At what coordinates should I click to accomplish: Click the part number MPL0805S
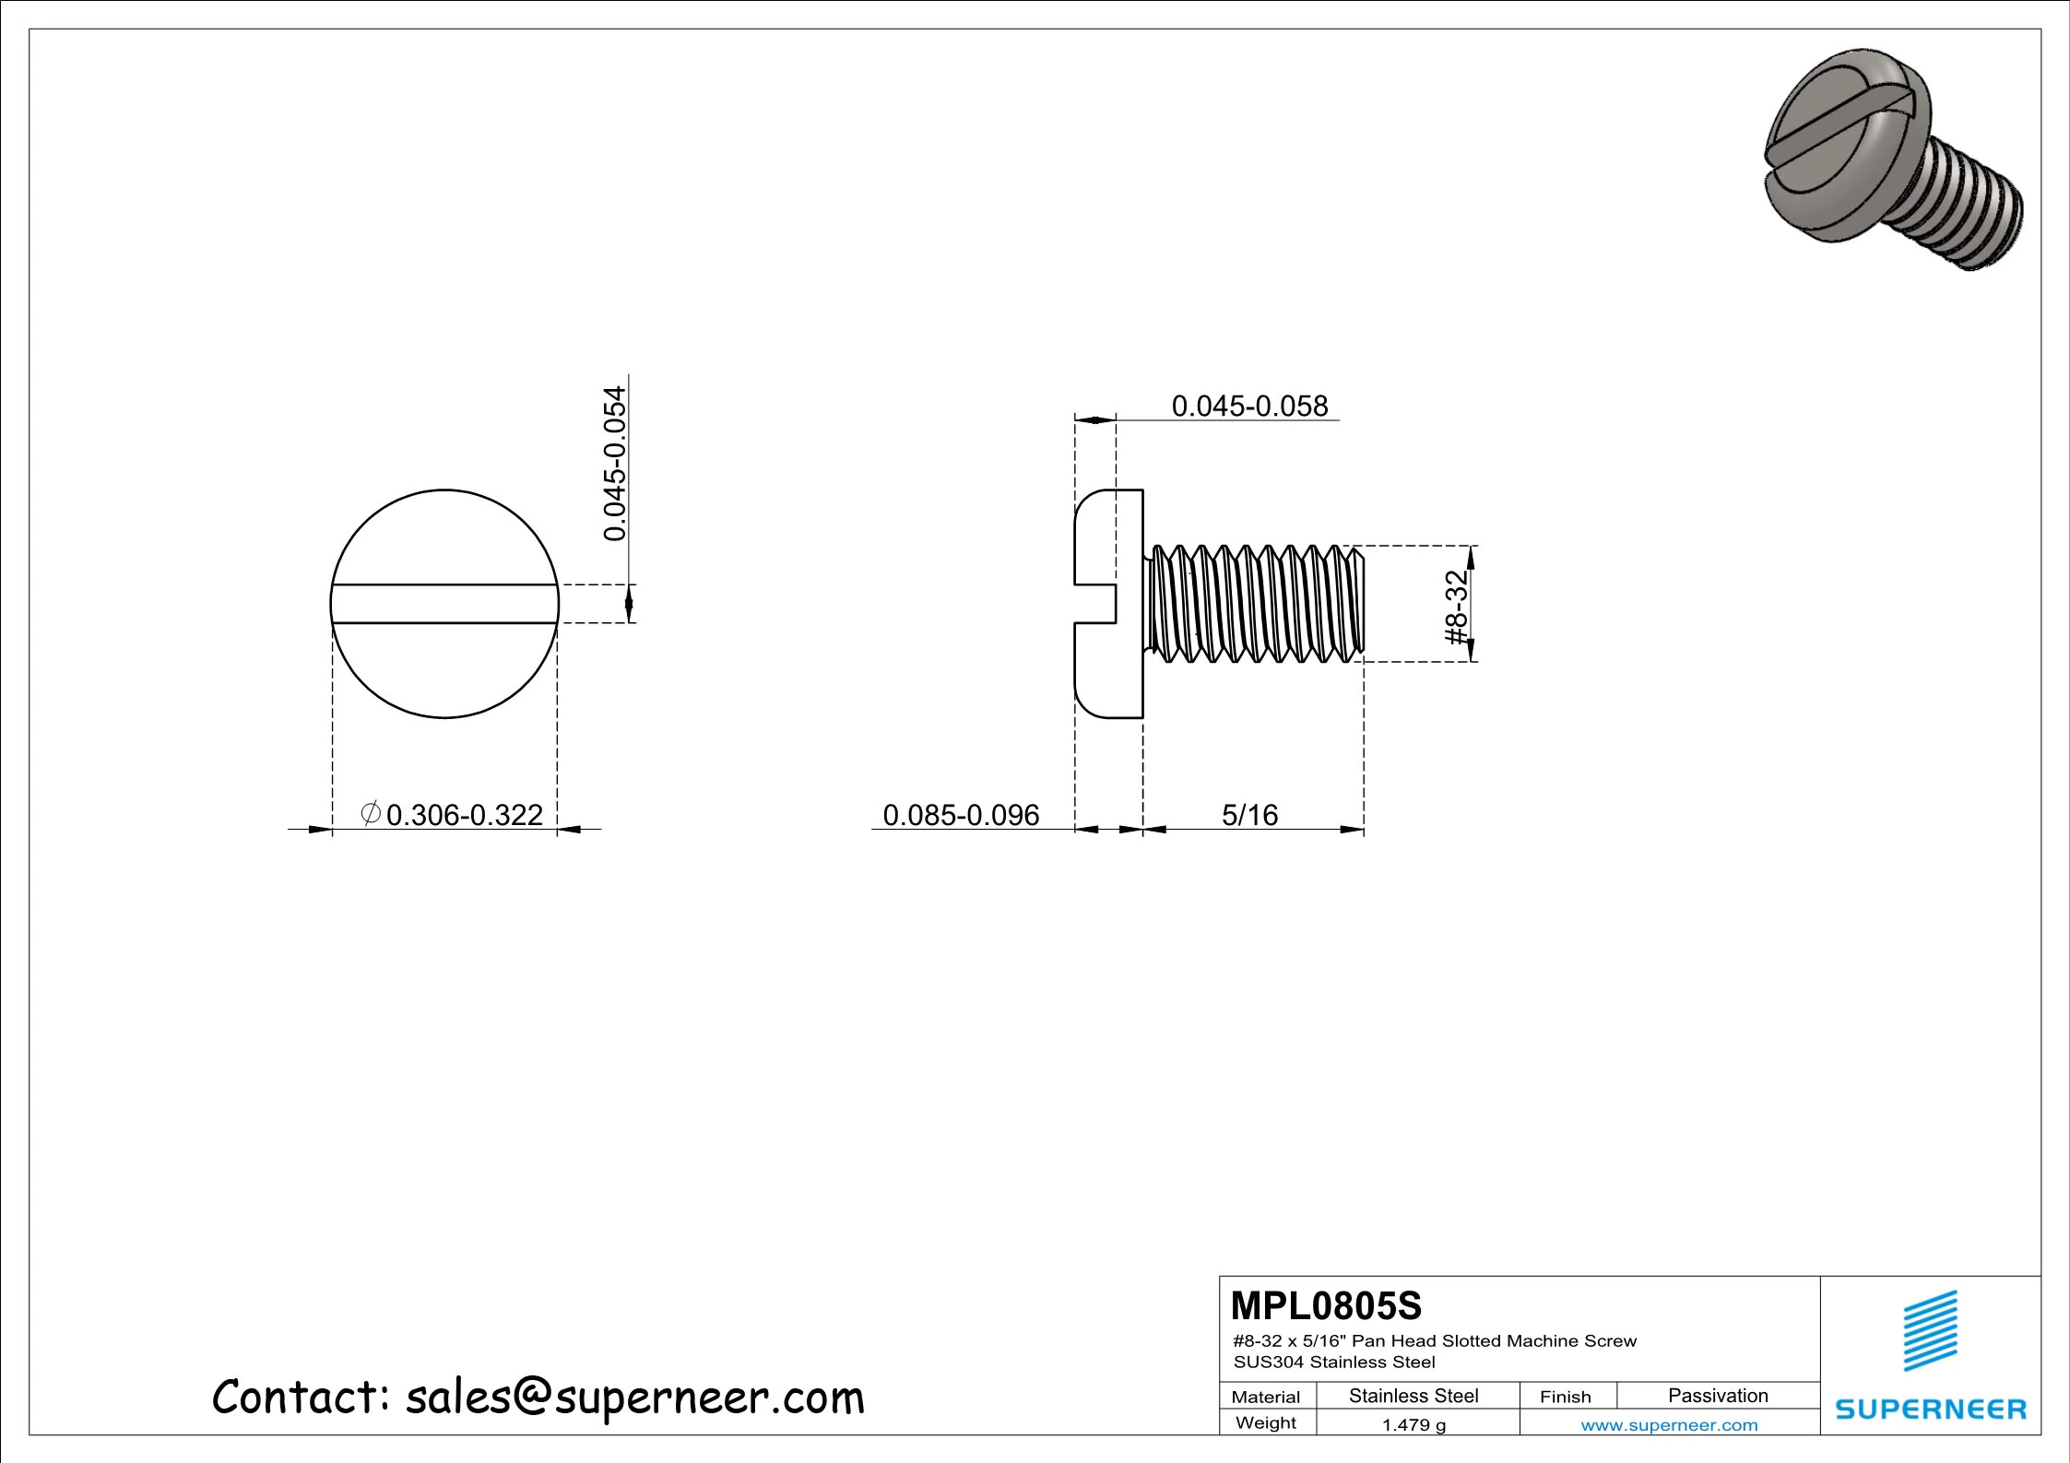[1326, 1306]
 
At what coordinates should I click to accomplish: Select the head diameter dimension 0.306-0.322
[464, 815]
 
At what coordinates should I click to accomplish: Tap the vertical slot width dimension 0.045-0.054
[615, 463]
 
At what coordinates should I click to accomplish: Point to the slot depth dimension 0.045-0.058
[1249, 407]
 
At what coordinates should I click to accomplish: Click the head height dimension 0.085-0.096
[961, 815]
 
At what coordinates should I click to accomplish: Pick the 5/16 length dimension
[1249, 815]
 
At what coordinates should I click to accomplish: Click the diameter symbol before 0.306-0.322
[370, 814]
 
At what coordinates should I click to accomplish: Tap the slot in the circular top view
[444, 604]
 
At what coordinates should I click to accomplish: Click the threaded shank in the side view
[1254, 604]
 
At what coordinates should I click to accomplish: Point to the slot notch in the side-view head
[1097, 604]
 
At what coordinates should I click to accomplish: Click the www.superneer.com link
[1669, 1425]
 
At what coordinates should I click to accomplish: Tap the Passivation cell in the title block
[1717, 1396]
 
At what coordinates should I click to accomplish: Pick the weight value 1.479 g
[1414, 1425]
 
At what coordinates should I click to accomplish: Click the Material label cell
[1265, 1397]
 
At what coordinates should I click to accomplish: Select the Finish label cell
[1565, 1397]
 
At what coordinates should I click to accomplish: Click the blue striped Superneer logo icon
[1930, 1330]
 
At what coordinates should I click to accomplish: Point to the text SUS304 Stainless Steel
[1334, 1363]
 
